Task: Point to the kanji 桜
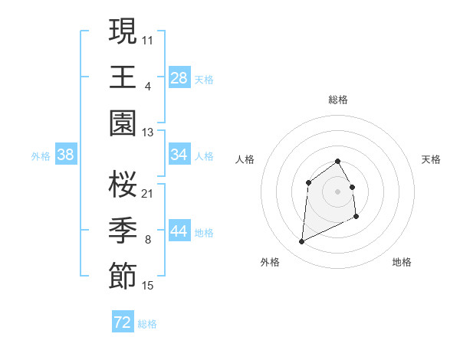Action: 123,184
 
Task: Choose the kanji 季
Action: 123,231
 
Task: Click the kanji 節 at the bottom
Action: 123,277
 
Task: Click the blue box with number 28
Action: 179,78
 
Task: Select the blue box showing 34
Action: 179,155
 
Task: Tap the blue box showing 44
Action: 179,231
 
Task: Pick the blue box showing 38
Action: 65,155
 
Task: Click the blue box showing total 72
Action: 123,322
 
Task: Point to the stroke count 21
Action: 148,193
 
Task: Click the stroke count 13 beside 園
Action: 148,133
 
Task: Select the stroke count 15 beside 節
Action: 148,286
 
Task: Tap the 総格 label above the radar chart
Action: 338,100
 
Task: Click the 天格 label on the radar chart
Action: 431,159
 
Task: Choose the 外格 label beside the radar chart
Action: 270,262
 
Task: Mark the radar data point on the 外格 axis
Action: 301,242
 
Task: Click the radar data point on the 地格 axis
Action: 357,218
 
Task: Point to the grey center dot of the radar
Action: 338,191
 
